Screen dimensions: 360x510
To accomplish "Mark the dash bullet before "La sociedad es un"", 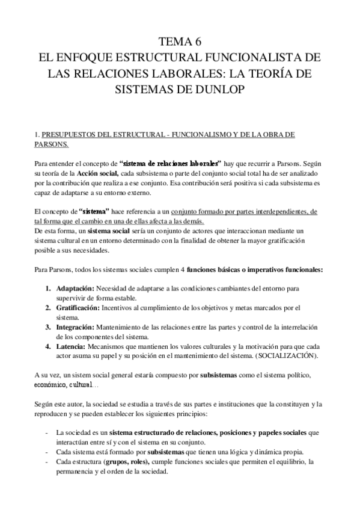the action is click(x=47, y=433).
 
